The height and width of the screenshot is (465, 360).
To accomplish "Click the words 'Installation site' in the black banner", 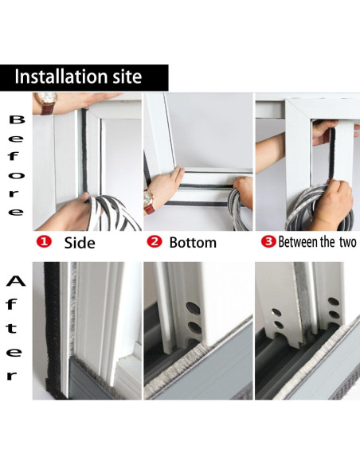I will pos(78,77).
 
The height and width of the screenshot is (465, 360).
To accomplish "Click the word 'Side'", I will pos(80,242).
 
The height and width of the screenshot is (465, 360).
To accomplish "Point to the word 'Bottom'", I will pos(192,242).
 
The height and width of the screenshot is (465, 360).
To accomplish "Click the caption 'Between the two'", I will pos(316,241).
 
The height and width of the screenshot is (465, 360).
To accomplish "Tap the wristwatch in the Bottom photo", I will pos(150,198).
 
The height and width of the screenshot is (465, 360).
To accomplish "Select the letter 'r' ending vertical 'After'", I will pos(14,375).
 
